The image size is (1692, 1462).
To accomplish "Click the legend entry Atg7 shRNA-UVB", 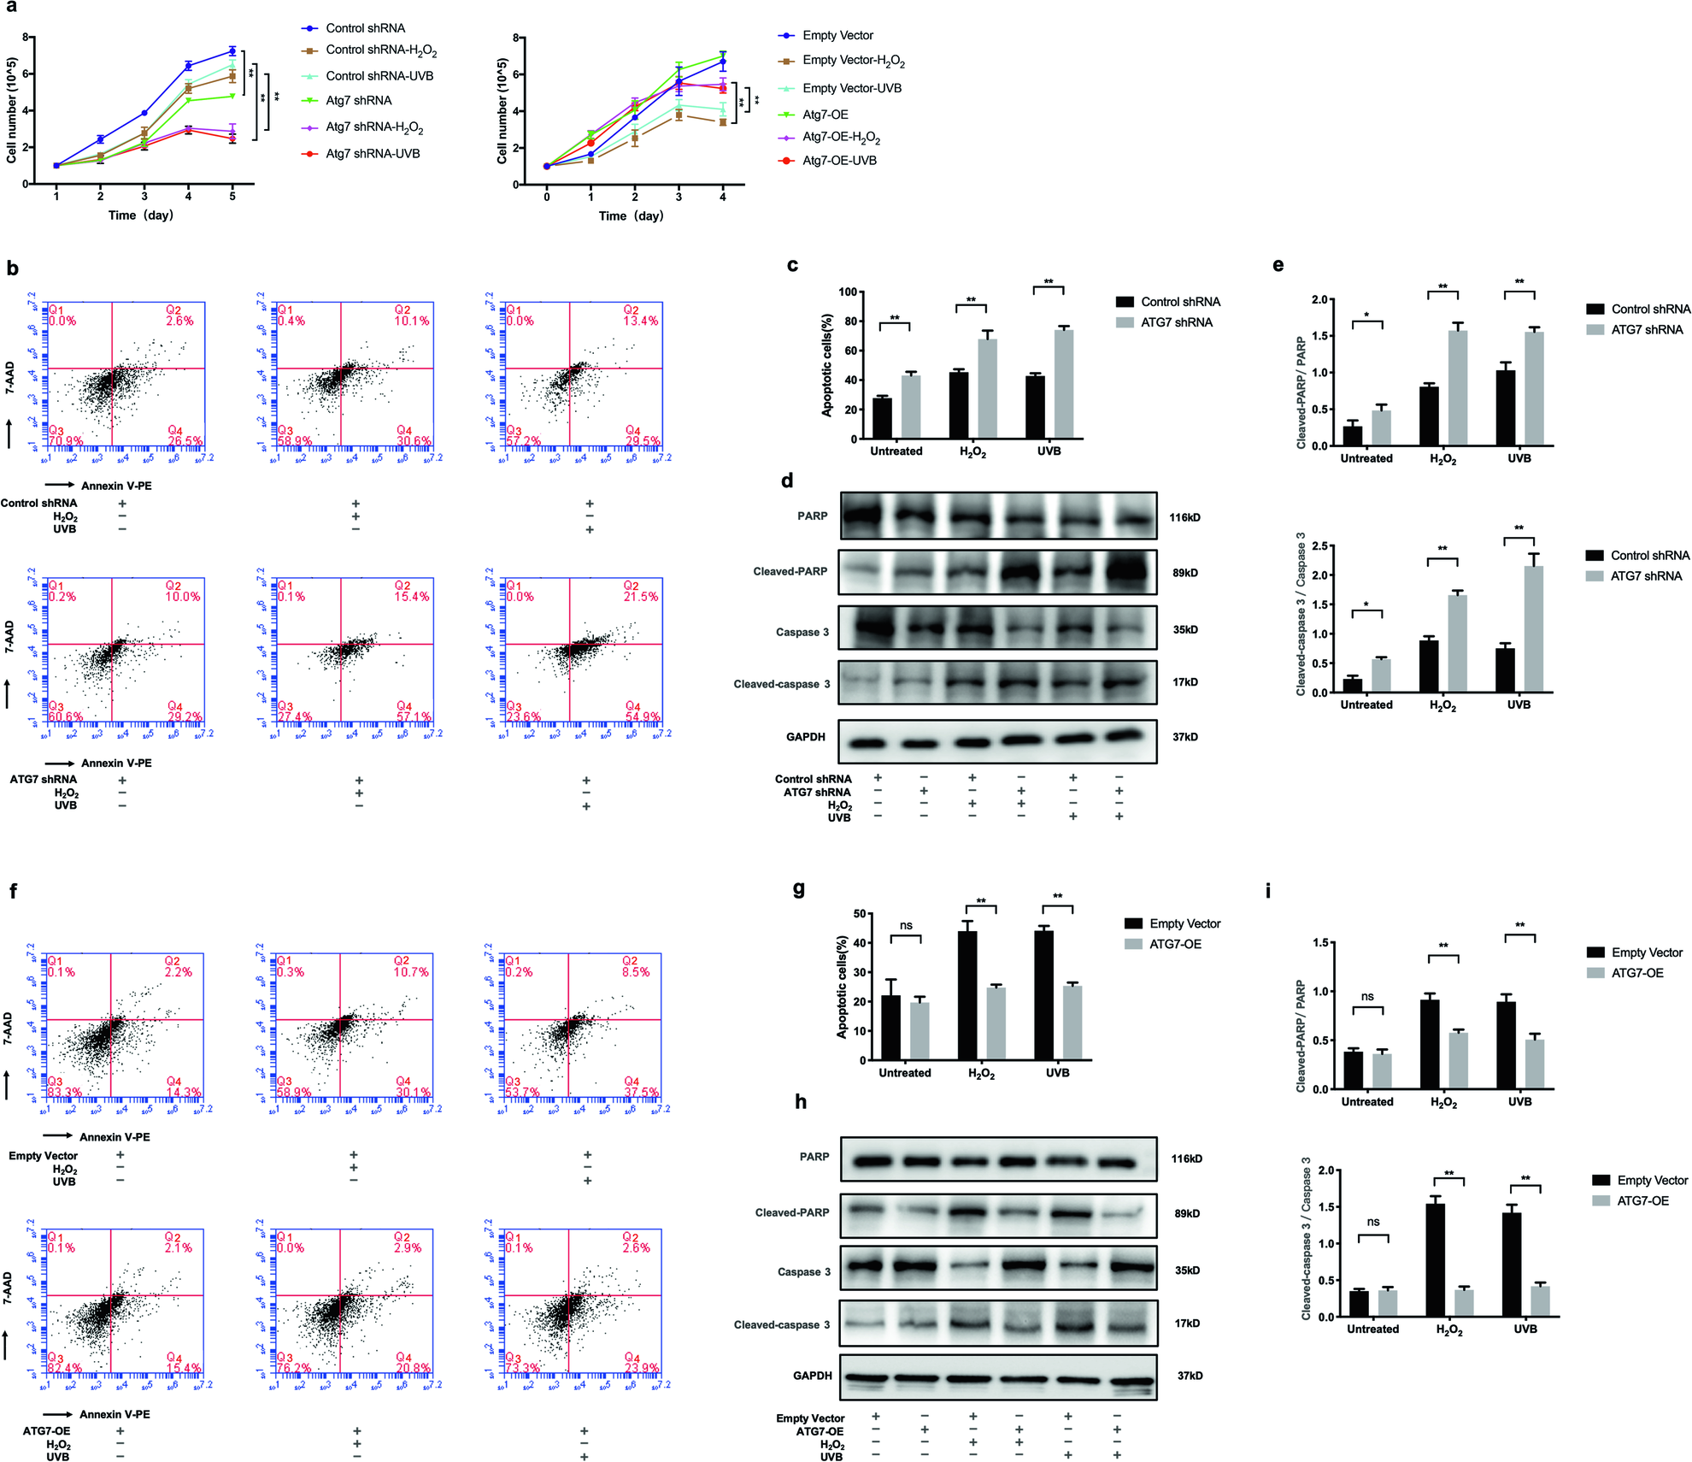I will point(373,154).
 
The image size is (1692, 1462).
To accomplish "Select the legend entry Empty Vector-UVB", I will point(851,88).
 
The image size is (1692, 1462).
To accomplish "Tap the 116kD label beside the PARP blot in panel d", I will point(1184,517).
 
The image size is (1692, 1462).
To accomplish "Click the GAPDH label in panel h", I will point(812,1376).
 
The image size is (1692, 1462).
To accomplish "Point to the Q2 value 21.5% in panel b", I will point(641,597).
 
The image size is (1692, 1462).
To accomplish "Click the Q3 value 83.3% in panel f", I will point(66,1093).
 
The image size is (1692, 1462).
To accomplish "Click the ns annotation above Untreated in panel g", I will point(906,925).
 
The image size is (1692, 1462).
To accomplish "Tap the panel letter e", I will point(1278,265).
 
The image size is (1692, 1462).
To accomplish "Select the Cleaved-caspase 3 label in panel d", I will point(781,684).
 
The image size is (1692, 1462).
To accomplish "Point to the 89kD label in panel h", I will point(1187,1213).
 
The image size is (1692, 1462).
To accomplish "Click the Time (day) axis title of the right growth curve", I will point(631,215).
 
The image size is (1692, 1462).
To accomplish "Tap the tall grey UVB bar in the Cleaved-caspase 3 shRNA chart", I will point(1533,628).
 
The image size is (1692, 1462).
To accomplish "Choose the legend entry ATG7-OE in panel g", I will point(1175,944).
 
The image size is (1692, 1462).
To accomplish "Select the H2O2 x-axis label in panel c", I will point(972,452).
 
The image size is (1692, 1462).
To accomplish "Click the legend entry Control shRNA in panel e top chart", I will point(1650,309).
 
